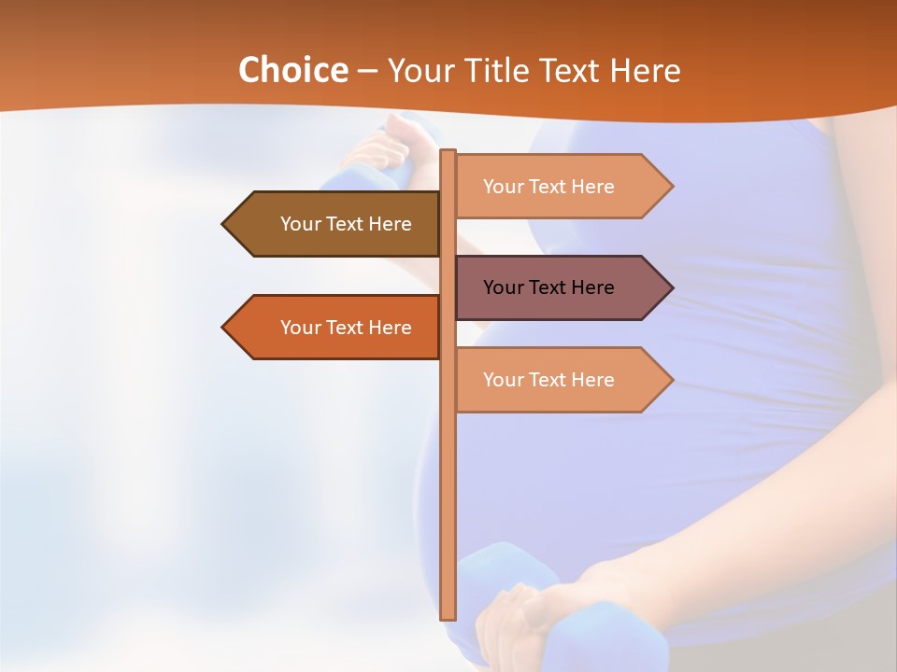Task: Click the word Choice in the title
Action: click(292, 70)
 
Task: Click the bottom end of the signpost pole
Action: click(448, 616)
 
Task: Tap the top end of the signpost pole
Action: click(448, 153)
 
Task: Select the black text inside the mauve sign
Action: click(548, 287)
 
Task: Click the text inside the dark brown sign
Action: click(346, 224)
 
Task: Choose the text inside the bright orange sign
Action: click(346, 328)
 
